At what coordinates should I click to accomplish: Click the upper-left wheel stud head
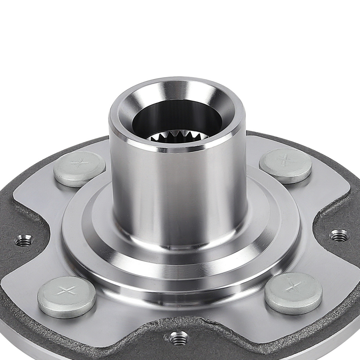click(79, 169)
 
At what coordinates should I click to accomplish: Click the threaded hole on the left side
click(24, 239)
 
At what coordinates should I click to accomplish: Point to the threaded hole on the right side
click(338, 235)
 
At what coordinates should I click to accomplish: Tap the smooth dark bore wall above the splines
click(176, 115)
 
